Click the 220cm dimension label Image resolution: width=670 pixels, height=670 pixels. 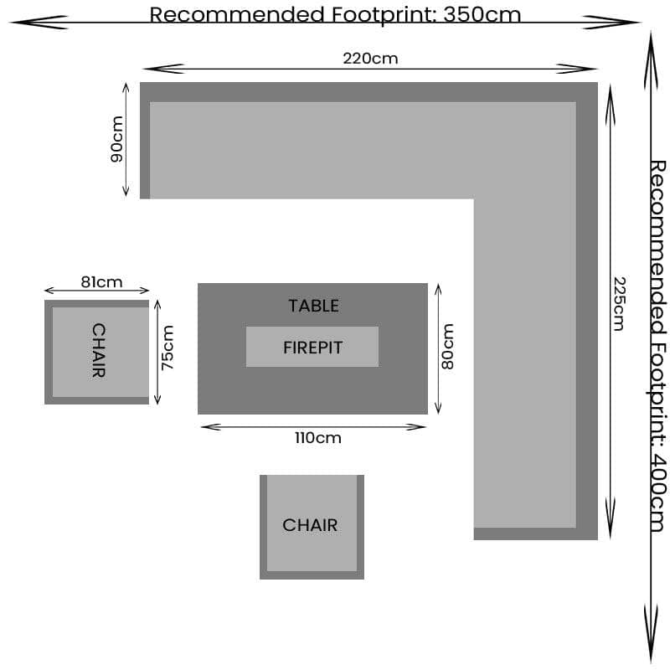[370, 58]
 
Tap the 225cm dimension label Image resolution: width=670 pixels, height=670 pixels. [618, 303]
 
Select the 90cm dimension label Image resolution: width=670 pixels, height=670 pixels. [116, 139]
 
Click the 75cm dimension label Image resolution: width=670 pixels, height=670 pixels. [167, 348]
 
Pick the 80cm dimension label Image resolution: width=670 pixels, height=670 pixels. [447, 347]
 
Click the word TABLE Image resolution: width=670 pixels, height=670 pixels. [313, 306]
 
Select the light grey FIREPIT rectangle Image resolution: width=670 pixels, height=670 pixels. [312, 347]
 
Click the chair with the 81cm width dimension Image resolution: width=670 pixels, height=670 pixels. [97, 352]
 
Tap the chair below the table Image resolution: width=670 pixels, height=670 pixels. [312, 526]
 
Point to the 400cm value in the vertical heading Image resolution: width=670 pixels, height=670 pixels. [658, 492]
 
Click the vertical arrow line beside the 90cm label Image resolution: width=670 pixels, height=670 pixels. [126, 139]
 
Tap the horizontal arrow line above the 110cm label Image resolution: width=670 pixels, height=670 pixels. [313, 427]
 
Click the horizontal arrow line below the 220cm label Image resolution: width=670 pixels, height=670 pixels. [370, 69]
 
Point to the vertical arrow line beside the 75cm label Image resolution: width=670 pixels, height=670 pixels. [157, 352]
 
